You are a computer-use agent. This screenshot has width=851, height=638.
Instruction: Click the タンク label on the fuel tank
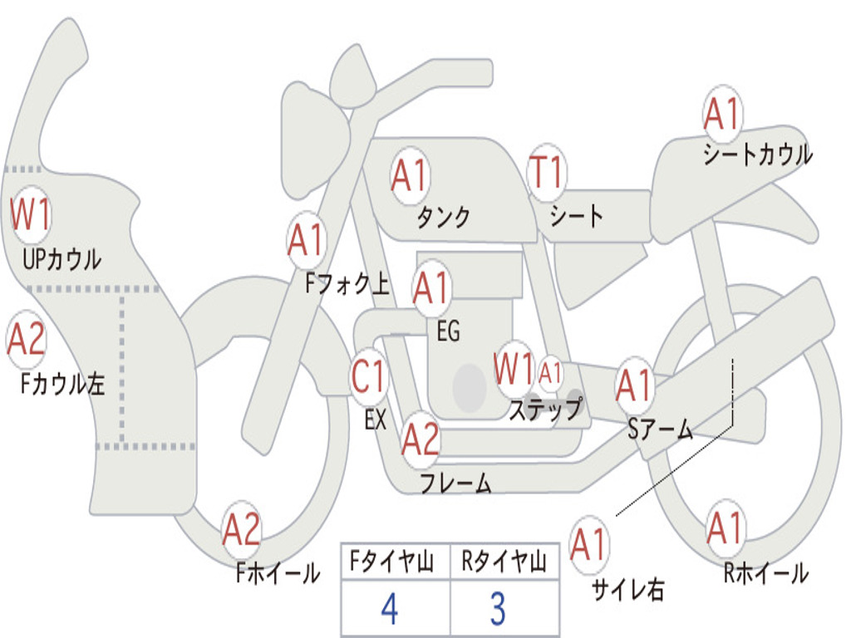[443, 217]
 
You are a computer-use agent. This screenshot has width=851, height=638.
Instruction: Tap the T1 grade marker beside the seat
[546, 173]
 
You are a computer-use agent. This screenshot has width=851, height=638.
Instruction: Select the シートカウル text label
[757, 155]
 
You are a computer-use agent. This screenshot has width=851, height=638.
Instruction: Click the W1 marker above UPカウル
[31, 214]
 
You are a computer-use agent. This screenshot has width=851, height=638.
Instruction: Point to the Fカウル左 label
[63, 384]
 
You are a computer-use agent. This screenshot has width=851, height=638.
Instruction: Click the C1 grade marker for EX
[369, 377]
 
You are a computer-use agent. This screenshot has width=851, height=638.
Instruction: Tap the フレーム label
[455, 483]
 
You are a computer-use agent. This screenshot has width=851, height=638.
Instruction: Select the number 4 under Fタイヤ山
[389, 609]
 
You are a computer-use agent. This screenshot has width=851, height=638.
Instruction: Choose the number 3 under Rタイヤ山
[497, 609]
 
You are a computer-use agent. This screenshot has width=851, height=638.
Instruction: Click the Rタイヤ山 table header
[504, 563]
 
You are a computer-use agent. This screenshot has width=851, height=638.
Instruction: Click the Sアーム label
[660, 429]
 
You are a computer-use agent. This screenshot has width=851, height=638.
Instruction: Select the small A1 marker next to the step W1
[551, 373]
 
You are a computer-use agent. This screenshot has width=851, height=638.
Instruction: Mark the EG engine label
[448, 332]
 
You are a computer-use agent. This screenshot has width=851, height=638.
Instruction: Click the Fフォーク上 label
[347, 285]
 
